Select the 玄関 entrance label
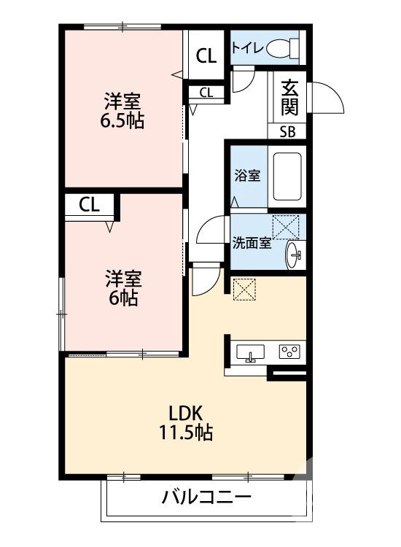click(x=289, y=97)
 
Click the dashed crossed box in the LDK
click(x=243, y=288)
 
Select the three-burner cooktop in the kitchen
click(x=289, y=352)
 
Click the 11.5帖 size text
click(x=186, y=433)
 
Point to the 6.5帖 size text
click(x=122, y=120)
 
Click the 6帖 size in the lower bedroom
click(x=122, y=298)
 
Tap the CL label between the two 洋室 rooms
click(x=90, y=205)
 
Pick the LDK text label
click(x=186, y=411)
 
